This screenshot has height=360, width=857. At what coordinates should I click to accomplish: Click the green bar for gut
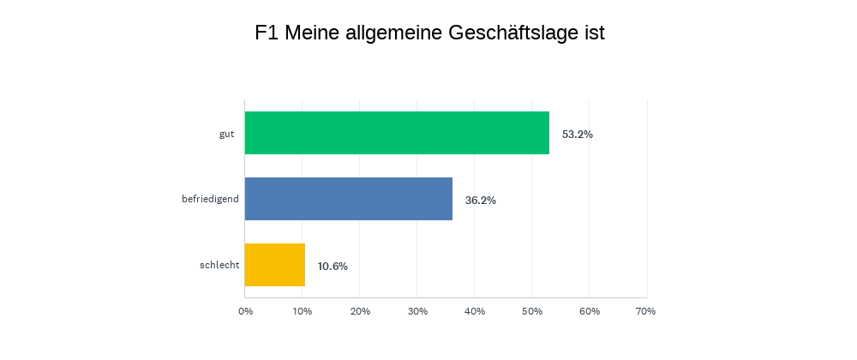point(397,133)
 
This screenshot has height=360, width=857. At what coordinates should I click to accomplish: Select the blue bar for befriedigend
point(349,199)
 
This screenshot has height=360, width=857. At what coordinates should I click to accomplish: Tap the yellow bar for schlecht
point(275,265)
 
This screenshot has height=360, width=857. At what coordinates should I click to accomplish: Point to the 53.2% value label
point(578,135)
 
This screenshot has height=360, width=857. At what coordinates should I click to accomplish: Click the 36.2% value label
point(481,201)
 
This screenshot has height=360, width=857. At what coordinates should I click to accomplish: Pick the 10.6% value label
point(333,267)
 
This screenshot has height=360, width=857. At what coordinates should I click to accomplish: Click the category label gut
point(226,134)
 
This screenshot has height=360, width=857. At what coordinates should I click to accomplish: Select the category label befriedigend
point(210,200)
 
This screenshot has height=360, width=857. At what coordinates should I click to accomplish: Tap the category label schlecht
point(219,266)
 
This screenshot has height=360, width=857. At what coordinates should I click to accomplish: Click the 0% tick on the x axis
point(245,311)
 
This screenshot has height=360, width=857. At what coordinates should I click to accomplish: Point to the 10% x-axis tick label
point(303,311)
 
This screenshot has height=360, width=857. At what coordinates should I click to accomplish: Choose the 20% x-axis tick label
point(360,311)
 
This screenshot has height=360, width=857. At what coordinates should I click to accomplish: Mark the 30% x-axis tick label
point(417,311)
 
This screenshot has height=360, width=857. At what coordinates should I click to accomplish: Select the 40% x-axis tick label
point(475,311)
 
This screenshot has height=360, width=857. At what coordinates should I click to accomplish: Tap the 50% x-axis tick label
point(531,311)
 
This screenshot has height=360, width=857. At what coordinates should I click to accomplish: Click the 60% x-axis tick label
point(589,311)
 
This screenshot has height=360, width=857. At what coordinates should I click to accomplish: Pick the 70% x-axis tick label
point(646,311)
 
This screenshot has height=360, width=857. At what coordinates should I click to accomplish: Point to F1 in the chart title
point(267,33)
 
